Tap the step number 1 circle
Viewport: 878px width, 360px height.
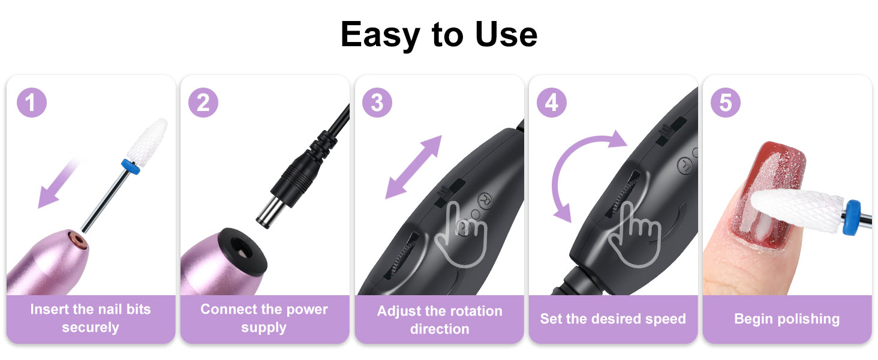31,103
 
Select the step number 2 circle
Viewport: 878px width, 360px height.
203,103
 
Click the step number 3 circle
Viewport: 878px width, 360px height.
377,103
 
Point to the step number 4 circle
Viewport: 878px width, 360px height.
551,103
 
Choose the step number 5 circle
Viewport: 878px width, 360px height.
725,103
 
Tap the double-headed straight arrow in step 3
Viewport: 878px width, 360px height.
413,167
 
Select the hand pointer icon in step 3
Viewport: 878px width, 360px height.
461,231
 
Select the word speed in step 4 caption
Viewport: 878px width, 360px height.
664,319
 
